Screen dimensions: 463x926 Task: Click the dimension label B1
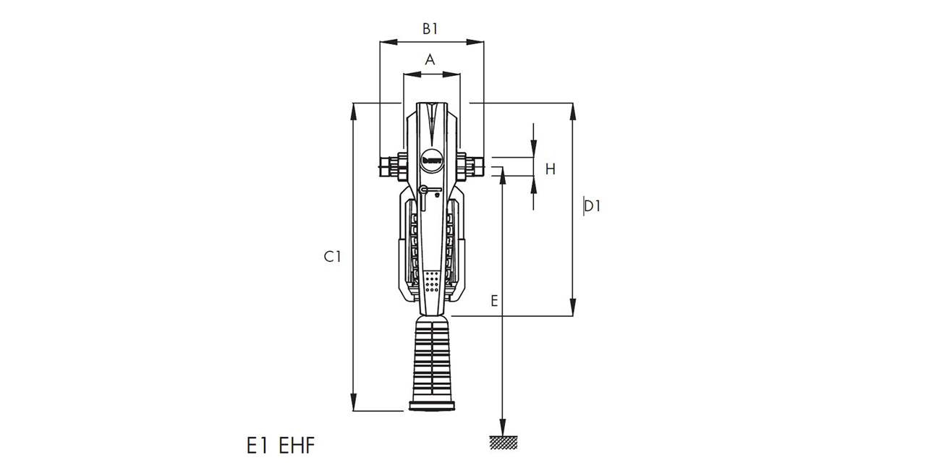coord(431,28)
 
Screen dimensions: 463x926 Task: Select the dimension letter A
coord(430,60)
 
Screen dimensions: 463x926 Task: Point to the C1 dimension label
coord(332,256)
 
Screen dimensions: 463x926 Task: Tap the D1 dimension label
coord(592,206)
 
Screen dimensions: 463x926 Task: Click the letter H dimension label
coord(550,169)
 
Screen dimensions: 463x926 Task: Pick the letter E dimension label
coord(494,301)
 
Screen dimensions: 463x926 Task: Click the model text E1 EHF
coord(281,445)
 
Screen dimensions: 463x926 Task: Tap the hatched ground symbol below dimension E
coord(502,442)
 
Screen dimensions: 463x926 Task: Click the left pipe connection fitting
coord(391,166)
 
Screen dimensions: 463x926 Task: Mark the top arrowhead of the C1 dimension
coord(354,109)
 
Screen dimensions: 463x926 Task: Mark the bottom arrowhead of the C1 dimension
coord(354,405)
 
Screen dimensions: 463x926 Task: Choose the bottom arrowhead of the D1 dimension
coord(574,310)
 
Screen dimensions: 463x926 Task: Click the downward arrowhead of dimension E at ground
coord(502,428)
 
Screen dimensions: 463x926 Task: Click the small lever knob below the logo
coord(423,190)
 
